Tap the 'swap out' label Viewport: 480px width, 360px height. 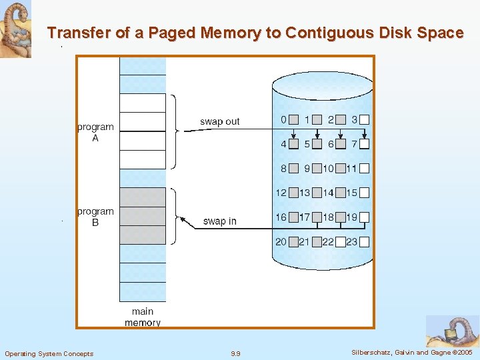pyautogui.click(x=219, y=121)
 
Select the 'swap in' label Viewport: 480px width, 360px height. pyautogui.click(x=219, y=221)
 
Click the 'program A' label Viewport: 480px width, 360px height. pyautogui.click(x=95, y=132)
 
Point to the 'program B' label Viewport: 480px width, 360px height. pyautogui.click(x=95, y=217)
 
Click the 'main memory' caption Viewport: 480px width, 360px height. pyautogui.click(x=143, y=317)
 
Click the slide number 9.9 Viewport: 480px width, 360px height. pyautogui.click(x=235, y=353)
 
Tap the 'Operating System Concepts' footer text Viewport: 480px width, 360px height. pyautogui.click(x=49, y=353)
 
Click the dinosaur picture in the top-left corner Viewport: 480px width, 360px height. pyautogui.click(x=15, y=29)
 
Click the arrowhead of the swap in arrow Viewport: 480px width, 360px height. pyautogui.click(x=179, y=217)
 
